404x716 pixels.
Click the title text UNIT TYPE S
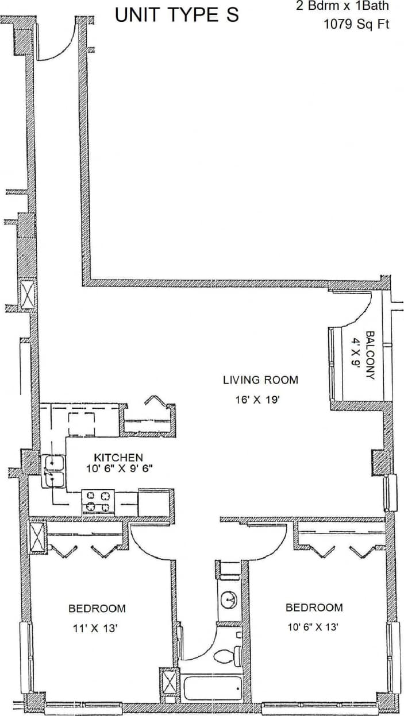(177, 16)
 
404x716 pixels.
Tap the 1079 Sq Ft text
(356, 25)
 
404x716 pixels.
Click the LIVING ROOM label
(260, 380)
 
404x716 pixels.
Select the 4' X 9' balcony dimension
(356, 356)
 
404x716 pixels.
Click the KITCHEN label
(118, 458)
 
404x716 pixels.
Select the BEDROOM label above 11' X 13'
(97, 608)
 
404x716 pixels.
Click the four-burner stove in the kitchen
(98, 501)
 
